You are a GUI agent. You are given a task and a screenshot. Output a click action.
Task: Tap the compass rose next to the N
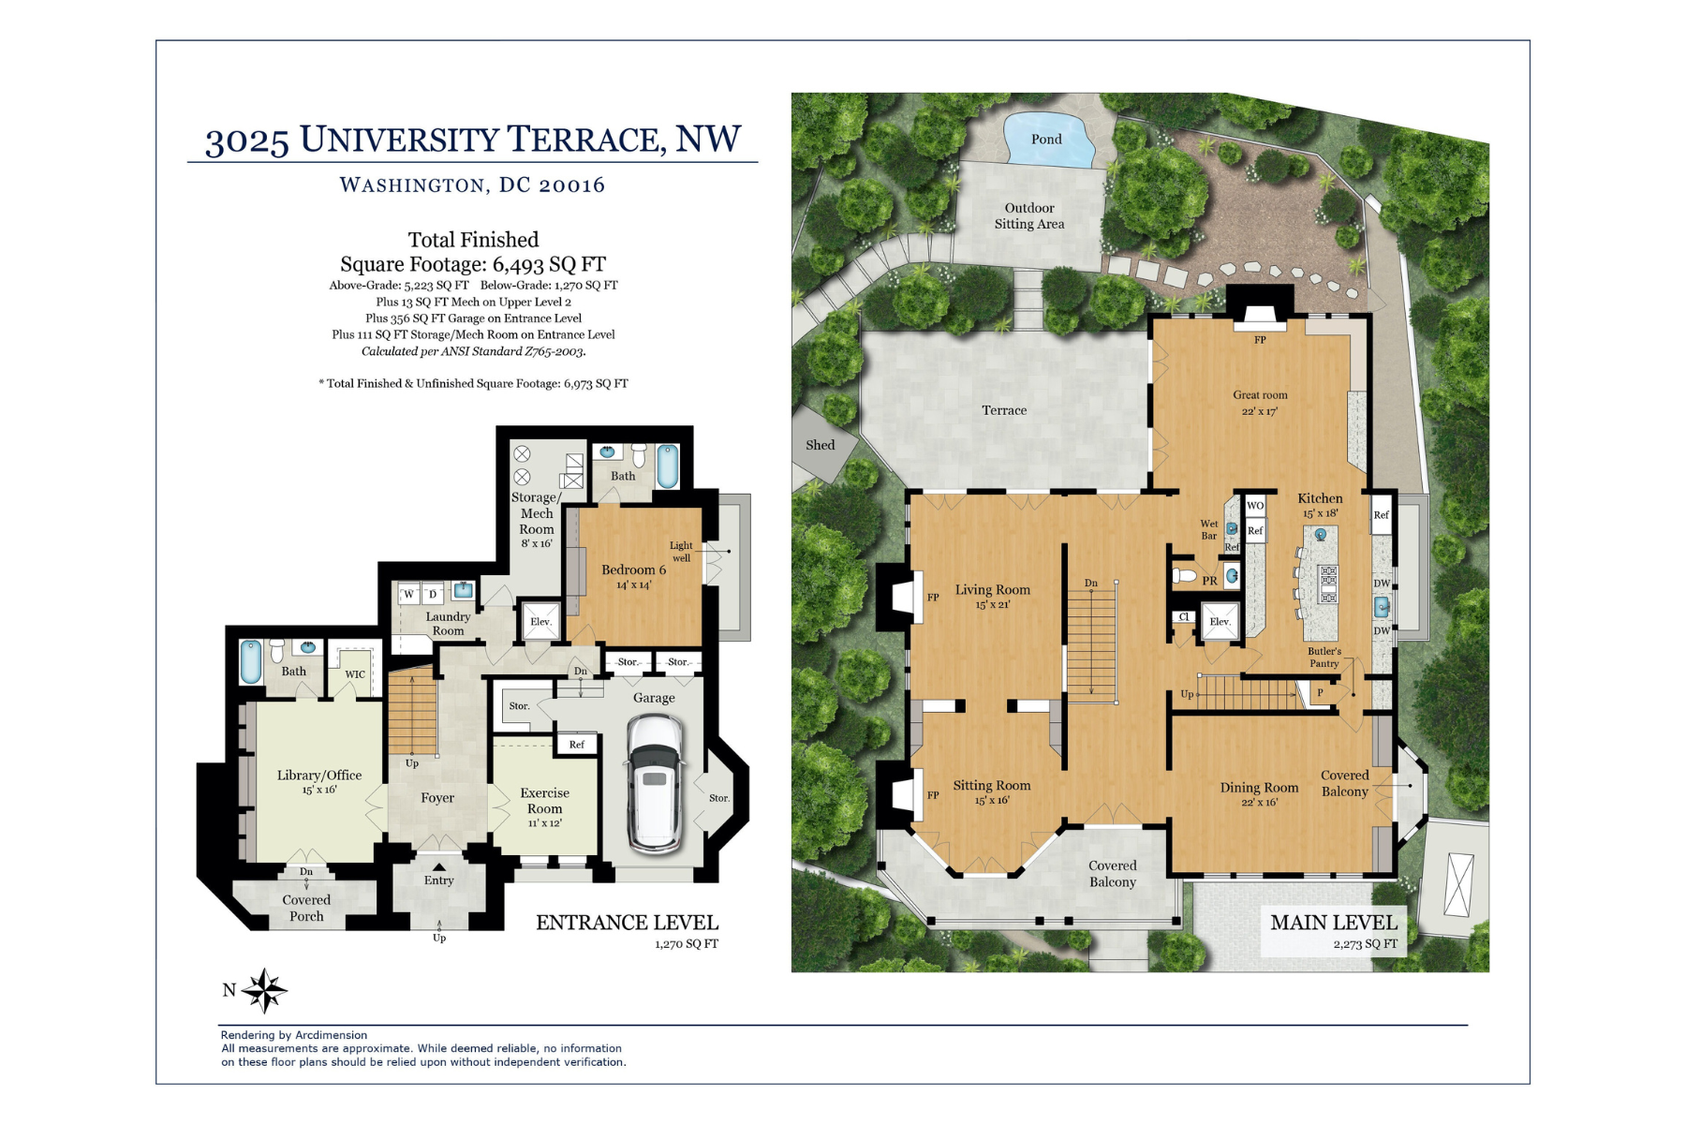coord(265,990)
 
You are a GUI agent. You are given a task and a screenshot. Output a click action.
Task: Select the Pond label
coord(1046,140)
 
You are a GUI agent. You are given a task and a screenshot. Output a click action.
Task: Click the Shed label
coord(820,445)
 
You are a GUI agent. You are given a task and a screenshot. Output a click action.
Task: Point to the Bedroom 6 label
coord(633,569)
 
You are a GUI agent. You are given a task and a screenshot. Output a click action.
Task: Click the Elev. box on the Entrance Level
coord(540,622)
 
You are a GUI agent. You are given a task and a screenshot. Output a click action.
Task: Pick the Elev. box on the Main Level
coord(1220,622)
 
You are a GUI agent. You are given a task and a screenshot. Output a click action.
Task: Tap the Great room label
coord(1260,395)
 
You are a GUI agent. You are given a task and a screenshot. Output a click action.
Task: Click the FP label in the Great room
coord(1260,340)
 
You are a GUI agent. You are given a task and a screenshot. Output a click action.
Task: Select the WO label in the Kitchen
coord(1255,506)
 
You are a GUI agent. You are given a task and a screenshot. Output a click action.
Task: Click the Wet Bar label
coord(1209,530)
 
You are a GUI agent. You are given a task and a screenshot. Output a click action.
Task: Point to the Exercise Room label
coord(544,801)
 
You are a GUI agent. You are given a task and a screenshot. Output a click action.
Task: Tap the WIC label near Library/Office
coord(355,674)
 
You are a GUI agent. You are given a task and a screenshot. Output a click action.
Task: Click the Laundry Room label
coord(448,624)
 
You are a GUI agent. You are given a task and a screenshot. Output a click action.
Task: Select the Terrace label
coord(1004,410)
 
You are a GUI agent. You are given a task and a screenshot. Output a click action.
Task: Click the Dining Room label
coord(1259,788)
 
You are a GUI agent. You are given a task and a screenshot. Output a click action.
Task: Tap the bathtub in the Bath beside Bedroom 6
coord(667,466)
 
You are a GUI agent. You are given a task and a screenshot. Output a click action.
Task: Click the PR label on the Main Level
coord(1209,581)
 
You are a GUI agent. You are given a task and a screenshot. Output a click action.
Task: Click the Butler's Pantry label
coord(1324,658)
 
